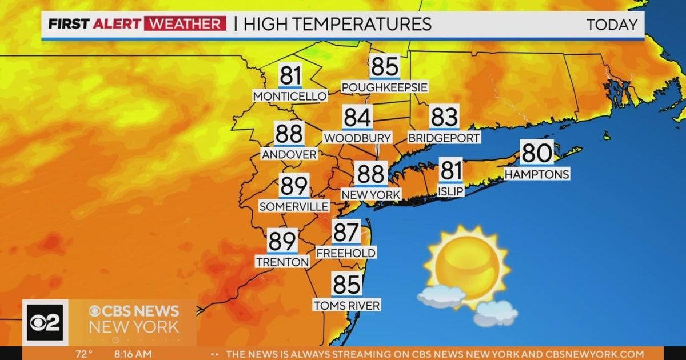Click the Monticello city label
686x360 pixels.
click(290, 96)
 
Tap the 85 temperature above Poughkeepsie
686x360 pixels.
click(384, 67)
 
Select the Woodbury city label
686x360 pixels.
click(358, 138)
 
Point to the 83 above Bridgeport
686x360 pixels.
click(444, 117)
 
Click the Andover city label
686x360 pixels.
click(289, 154)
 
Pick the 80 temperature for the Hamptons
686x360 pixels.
click(537, 153)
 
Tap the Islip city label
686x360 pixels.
click(451, 191)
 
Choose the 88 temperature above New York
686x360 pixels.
click(371, 174)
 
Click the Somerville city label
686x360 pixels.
click(294, 206)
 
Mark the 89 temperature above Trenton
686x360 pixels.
click(282, 241)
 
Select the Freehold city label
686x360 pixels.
click(346, 253)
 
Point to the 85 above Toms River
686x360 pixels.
click(346, 285)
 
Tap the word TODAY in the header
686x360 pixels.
click(611, 25)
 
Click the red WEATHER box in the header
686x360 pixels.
click(185, 24)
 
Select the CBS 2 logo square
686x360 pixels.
click(45, 323)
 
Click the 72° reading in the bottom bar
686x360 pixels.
click(83, 354)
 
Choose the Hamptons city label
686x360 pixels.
click(537, 174)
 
